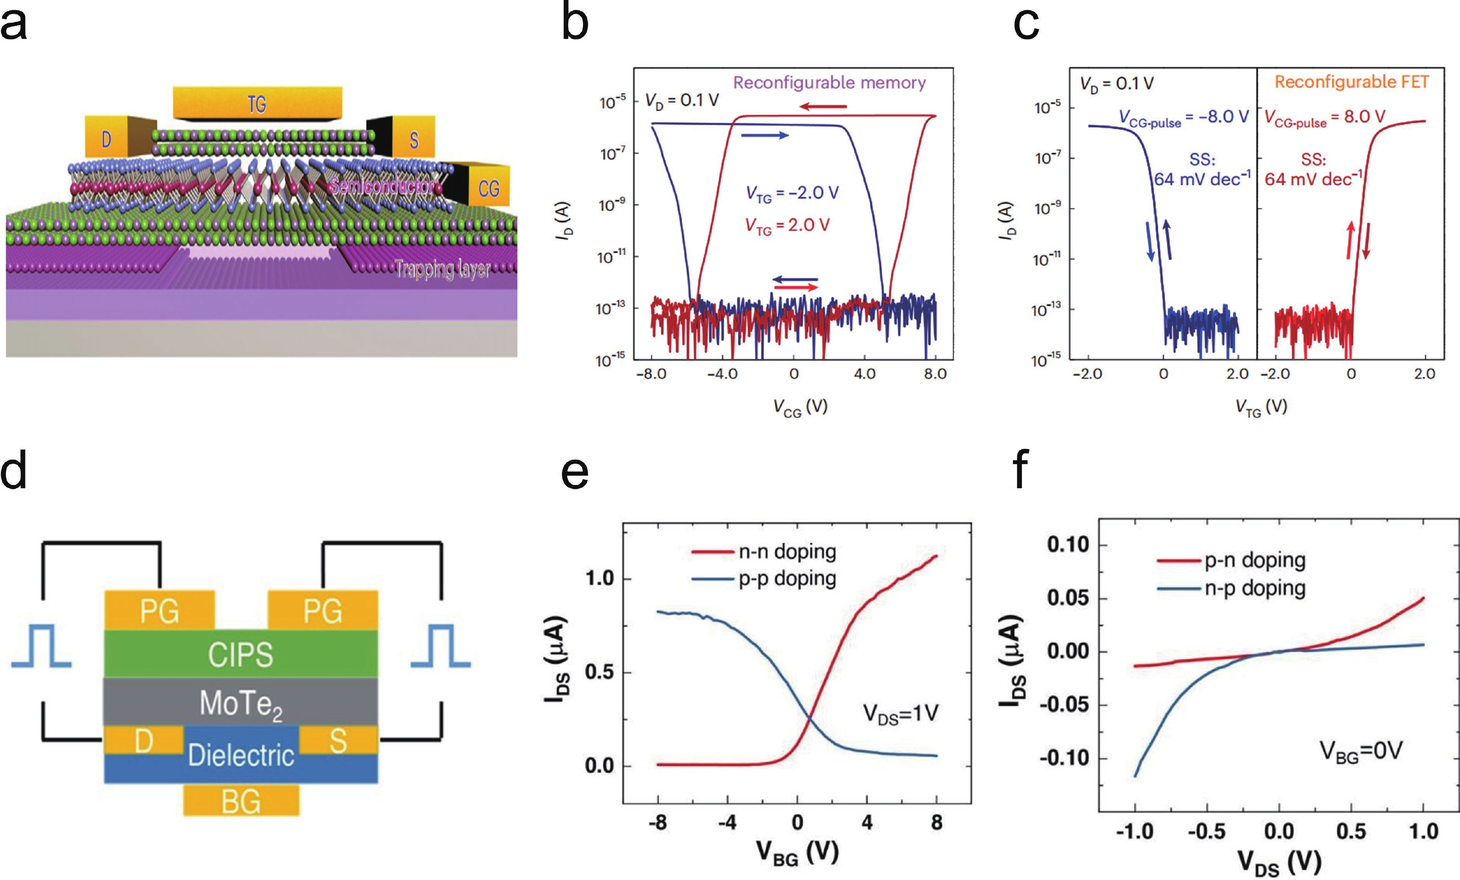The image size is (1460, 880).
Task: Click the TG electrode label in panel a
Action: pos(257,104)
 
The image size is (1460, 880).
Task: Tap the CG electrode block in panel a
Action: pos(487,188)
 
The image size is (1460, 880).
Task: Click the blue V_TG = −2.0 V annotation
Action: pos(792,193)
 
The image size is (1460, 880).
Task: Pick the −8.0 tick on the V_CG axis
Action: pos(651,374)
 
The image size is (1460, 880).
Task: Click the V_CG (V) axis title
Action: pos(800,407)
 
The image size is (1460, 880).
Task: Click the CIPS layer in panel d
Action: pos(241,654)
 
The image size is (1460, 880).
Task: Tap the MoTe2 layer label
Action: pos(241,703)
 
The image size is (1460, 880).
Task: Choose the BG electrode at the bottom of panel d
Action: pos(241,801)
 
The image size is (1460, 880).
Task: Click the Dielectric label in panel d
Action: pos(241,755)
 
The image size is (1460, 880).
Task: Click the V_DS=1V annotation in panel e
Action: pos(900,714)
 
